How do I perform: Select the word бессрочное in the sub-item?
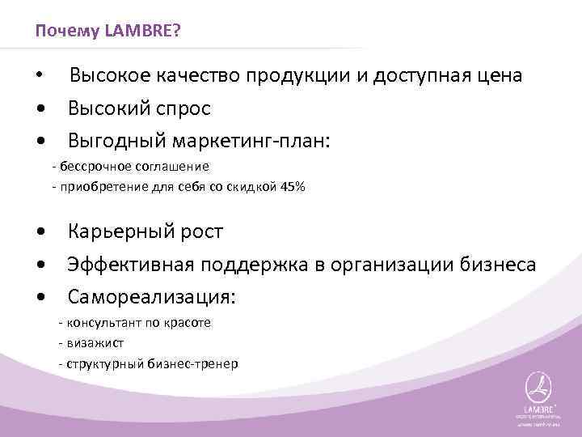tap(90, 167)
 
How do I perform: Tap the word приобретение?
tap(99, 187)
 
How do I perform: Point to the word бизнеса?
tap(497, 265)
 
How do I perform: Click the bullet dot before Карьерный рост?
tap(41, 233)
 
